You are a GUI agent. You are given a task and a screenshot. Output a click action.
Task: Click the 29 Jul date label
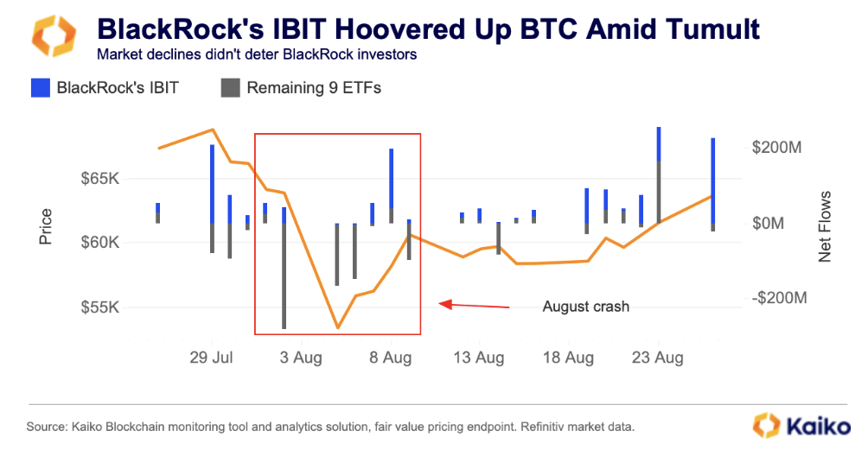(211, 357)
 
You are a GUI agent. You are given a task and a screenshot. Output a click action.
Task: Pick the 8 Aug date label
(391, 357)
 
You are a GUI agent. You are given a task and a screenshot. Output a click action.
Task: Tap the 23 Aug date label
(658, 357)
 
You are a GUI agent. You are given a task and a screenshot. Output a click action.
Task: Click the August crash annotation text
(586, 307)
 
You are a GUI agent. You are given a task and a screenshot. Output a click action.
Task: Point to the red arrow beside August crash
(475, 305)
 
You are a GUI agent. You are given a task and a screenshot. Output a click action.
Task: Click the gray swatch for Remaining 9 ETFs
(230, 87)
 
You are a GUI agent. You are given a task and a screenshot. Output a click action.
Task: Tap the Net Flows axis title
(825, 226)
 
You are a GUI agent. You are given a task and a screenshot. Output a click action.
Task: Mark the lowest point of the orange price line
(337, 328)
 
